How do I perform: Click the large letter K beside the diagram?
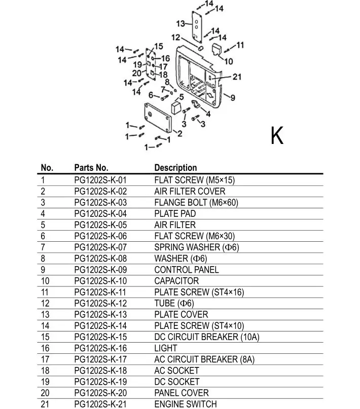click(x=277, y=135)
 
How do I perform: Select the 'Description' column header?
click(x=175, y=168)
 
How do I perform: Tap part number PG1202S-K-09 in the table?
click(x=100, y=270)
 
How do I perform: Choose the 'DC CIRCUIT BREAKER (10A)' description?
click(x=206, y=337)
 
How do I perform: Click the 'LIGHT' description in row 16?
click(x=166, y=348)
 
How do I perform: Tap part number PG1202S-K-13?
click(x=100, y=314)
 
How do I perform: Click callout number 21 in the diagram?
click(x=237, y=77)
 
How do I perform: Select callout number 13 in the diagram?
click(x=181, y=24)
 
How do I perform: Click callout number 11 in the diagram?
click(x=240, y=45)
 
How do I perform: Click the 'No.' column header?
click(x=47, y=168)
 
